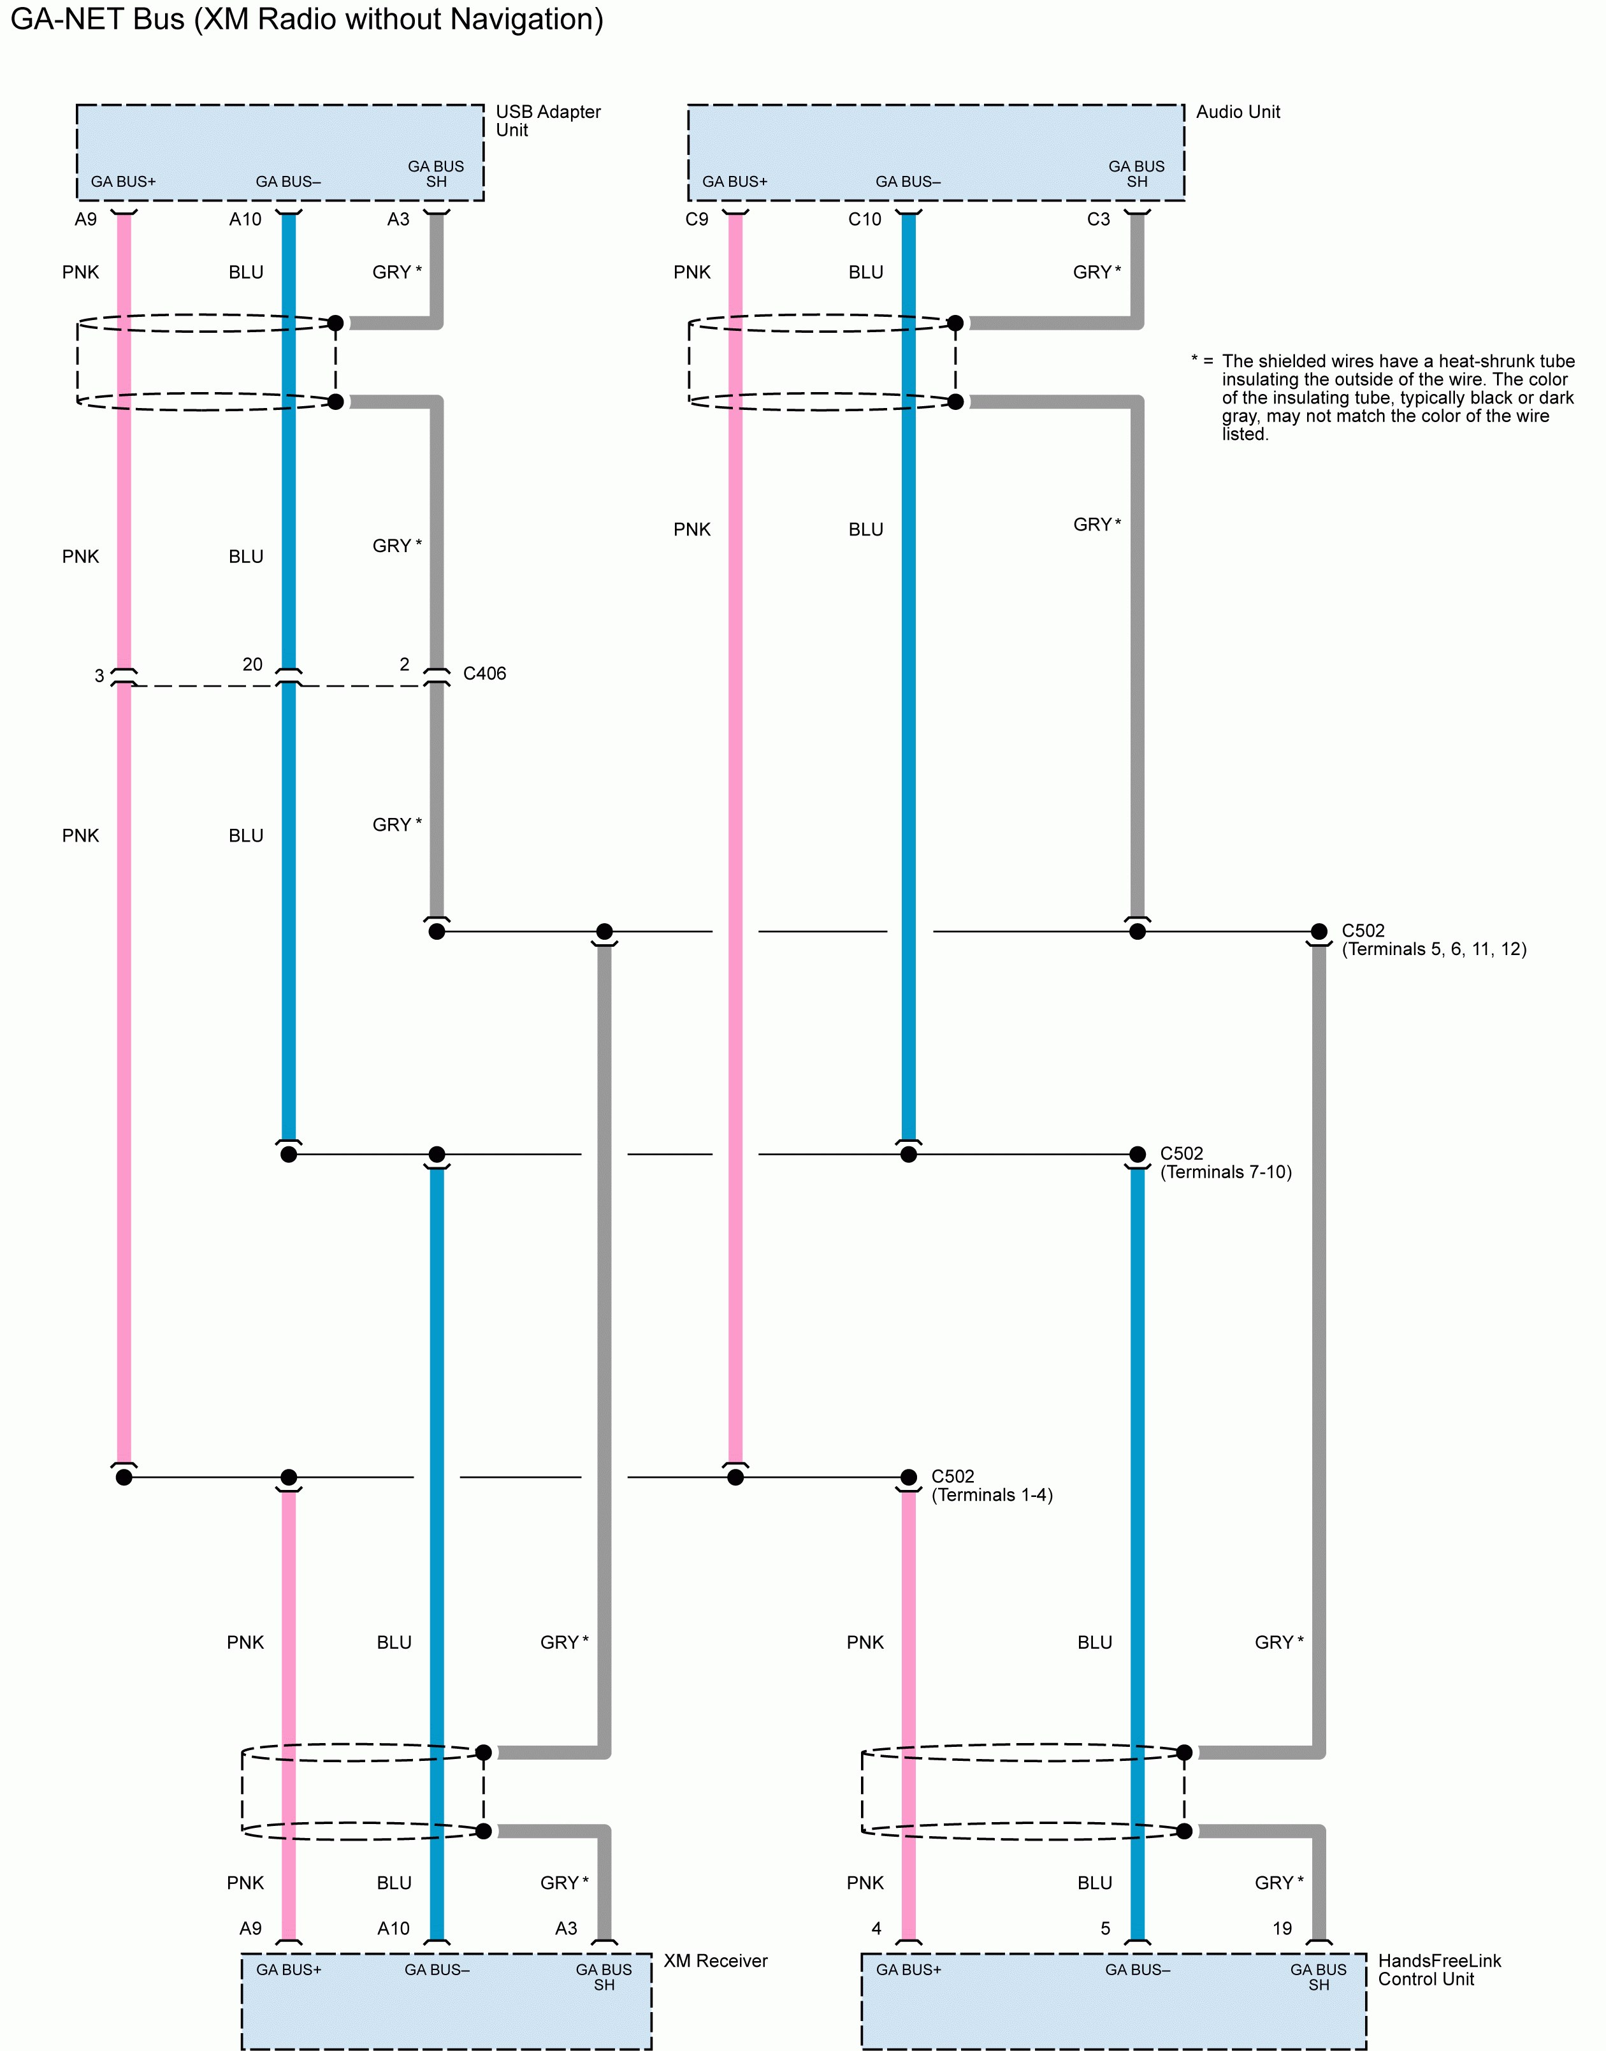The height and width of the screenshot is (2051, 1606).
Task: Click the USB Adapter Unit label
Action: coord(547,120)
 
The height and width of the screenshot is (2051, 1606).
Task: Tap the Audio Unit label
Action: coord(1238,112)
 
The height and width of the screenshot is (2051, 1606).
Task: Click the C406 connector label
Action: coord(484,673)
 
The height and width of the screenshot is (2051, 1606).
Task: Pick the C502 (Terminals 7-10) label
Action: coord(1225,1162)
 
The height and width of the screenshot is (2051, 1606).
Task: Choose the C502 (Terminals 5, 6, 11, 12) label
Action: coord(1433,940)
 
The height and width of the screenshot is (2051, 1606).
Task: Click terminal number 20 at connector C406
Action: coord(252,664)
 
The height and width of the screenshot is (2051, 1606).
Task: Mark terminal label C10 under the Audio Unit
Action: coord(864,219)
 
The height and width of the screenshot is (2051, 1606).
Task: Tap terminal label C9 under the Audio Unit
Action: coord(696,219)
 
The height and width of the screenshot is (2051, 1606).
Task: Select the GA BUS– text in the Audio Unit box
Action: coord(908,182)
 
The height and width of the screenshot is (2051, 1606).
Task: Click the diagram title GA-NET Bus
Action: coord(306,19)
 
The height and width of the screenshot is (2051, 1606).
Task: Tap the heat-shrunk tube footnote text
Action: coord(1396,397)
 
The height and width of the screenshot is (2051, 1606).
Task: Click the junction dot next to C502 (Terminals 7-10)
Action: coord(1137,1154)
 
